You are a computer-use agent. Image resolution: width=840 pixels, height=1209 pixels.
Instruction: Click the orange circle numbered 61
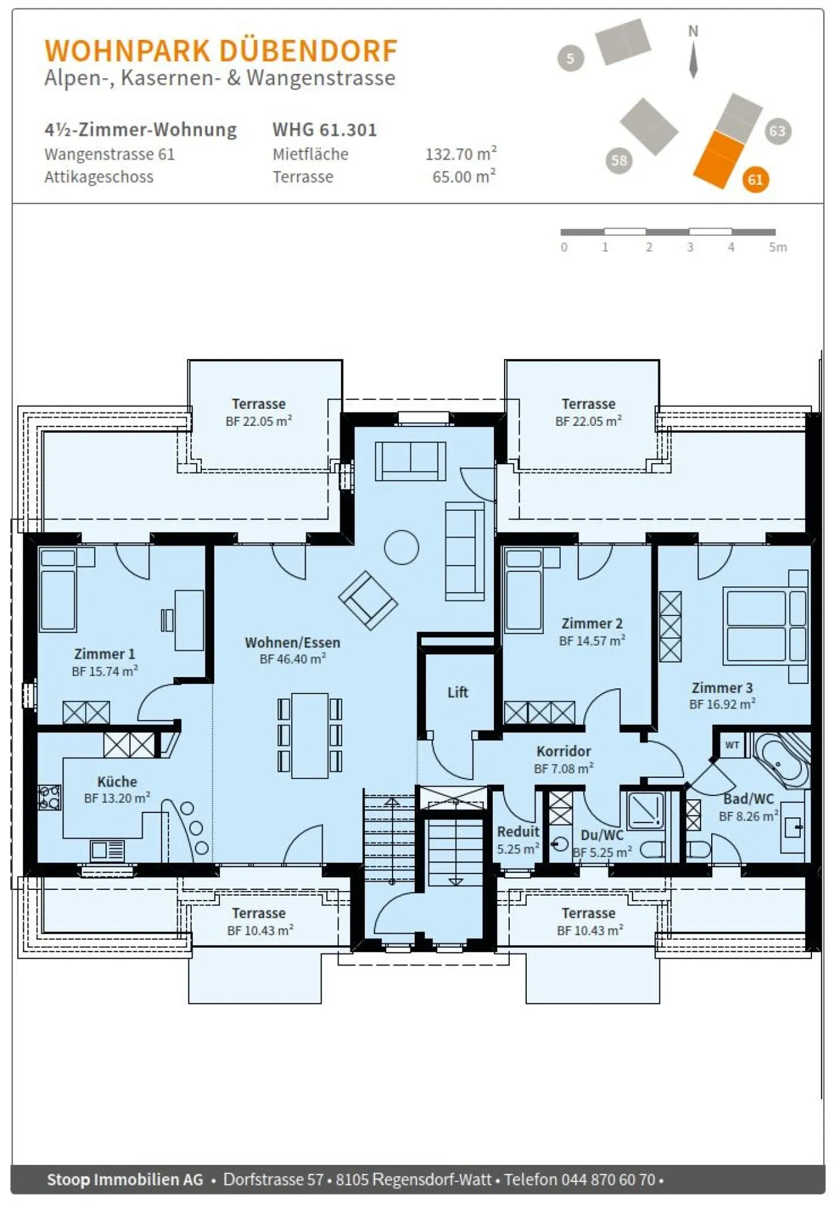coord(755,180)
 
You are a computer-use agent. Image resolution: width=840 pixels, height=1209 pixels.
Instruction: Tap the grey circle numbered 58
coord(619,160)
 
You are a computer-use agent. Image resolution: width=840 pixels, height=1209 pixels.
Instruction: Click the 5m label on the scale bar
coord(778,247)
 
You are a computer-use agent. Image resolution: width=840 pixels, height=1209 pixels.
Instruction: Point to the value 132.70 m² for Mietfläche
coord(460,154)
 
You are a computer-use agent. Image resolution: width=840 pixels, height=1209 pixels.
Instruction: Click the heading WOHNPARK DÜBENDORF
coord(221,51)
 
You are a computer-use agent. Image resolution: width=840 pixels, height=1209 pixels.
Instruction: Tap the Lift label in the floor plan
coord(457,692)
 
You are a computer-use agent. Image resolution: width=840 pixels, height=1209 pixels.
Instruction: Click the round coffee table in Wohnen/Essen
coord(401,547)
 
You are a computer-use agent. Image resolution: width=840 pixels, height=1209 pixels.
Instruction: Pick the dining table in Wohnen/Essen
coord(310,735)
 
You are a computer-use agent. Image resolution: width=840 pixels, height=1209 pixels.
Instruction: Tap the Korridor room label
coord(563,751)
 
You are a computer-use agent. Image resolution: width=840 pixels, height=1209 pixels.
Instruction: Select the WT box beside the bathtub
coord(732,745)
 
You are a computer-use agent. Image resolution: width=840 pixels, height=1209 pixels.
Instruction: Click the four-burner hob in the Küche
coord(49,797)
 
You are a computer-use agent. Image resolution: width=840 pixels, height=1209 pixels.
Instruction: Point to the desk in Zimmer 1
coord(189,620)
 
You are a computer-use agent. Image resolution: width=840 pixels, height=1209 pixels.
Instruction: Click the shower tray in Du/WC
coord(645,809)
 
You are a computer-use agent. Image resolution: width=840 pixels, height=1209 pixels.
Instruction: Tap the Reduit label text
coord(518,832)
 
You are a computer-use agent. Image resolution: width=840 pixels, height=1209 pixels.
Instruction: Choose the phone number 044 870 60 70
coord(608,1179)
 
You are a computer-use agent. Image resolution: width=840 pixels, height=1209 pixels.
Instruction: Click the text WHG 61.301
coord(324,129)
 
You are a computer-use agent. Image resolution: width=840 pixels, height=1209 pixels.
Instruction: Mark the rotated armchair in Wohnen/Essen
coord(367,600)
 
